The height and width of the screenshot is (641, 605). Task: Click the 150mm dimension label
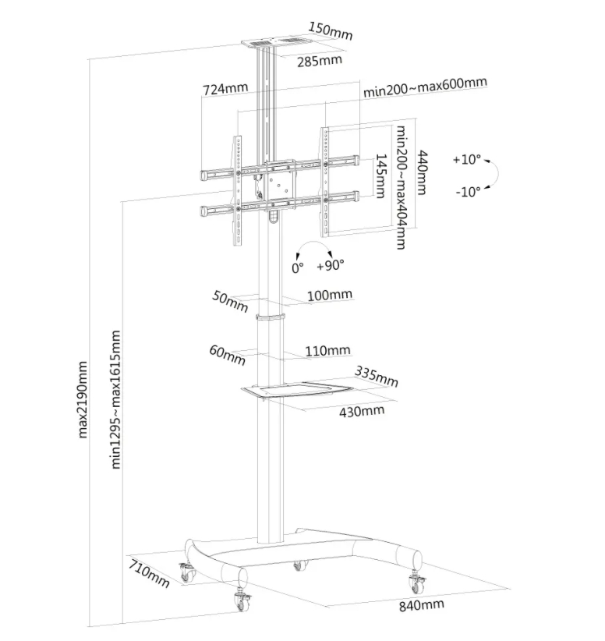pyautogui.click(x=331, y=31)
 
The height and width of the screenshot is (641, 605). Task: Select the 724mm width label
pyautogui.click(x=225, y=90)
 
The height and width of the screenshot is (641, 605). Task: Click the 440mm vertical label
pyautogui.click(x=422, y=172)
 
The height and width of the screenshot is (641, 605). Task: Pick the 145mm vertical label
pyautogui.click(x=380, y=176)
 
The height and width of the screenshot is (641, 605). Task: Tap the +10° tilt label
pyautogui.click(x=468, y=159)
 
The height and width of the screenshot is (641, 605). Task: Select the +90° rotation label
pyautogui.click(x=331, y=266)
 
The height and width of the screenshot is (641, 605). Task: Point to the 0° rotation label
pyautogui.click(x=297, y=267)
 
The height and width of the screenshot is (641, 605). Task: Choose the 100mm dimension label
pyautogui.click(x=330, y=295)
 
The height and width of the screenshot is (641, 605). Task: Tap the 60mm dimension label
pyautogui.click(x=228, y=354)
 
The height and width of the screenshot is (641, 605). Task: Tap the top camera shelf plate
pyautogui.click(x=273, y=43)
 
